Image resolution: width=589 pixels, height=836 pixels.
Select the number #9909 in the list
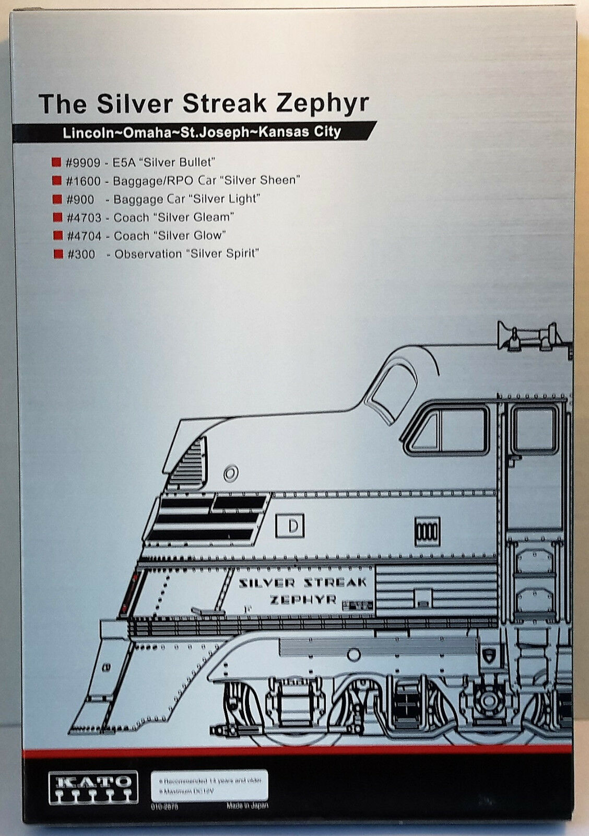coord(83,162)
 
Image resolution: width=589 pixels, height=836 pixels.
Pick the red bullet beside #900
coord(57,199)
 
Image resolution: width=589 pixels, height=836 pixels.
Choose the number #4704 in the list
coord(84,236)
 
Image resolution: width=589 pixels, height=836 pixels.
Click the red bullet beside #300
coord(57,254)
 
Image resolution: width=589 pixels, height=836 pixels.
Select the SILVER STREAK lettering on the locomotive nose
coord(303,583)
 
